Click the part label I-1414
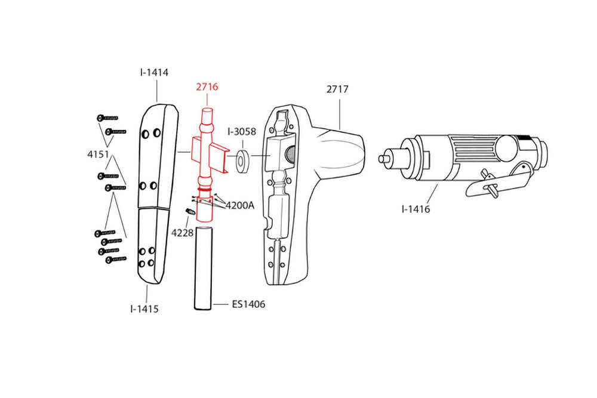pyautogui.click(x=154, y=72)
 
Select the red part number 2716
pyautogui.click(x=207, y=87)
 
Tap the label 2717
pyautogui.click(x=337, y=89)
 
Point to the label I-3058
pyautogui.click(x=242, y=132)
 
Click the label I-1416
pyautogui.click(x=416, y=209)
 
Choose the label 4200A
pyautogui.click(x=240, y=205)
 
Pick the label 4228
pyautogui.click(x=182, y=233)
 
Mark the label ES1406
pyautogui.click(x=248, y=304)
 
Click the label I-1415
pyautogui.click(x=144, y=309)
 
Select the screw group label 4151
pyautogui.click(x=99, y=155)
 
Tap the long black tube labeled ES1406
pyautogui.click(x=203, y=269)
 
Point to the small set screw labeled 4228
pyautogui.click(x=190, y=212)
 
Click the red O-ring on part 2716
pyautogui.click(x=204, y=189)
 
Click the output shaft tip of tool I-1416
pyautogui.click(x=382, y=159)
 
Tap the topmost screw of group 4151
pyautogui.click(x=107, y=118)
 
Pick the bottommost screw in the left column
pyautogui.click(x=116, y=260)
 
